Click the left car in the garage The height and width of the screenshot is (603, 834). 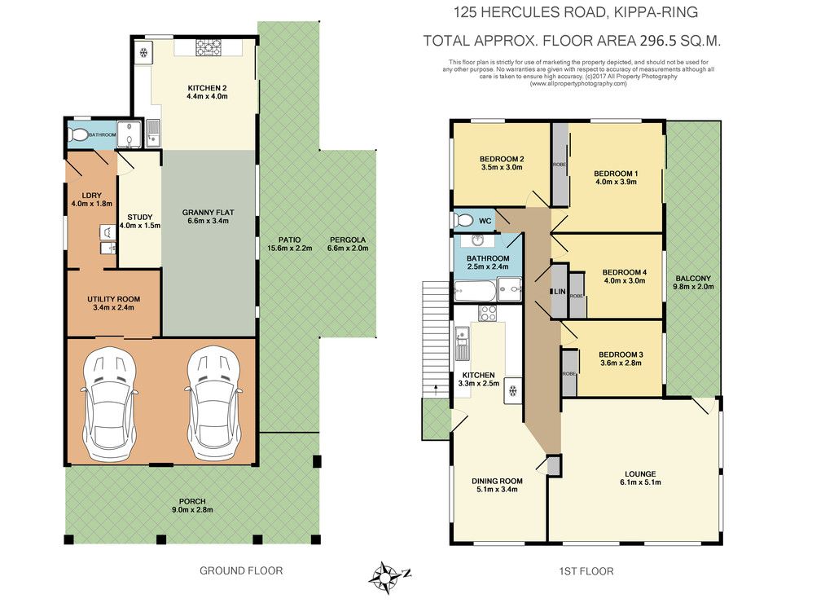pos(110,404)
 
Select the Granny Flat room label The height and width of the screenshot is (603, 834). pos(208,213)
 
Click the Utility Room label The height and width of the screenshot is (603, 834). pos(114,299)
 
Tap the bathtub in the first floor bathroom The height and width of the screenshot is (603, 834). pos(475,291)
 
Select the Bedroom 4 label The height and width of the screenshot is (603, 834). pos(625,272)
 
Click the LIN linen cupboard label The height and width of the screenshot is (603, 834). pos(559,292)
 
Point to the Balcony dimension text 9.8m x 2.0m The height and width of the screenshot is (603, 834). pos(693,286)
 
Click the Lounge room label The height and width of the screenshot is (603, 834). pos(640,473)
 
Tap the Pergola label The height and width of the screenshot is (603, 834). pos(348,240)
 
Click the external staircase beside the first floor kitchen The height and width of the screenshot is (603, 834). pos(437,339)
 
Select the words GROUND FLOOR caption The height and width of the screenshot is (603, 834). pos(241,570)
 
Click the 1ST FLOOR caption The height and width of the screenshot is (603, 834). pos(586,571)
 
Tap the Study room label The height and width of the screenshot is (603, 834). pos(140,217)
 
